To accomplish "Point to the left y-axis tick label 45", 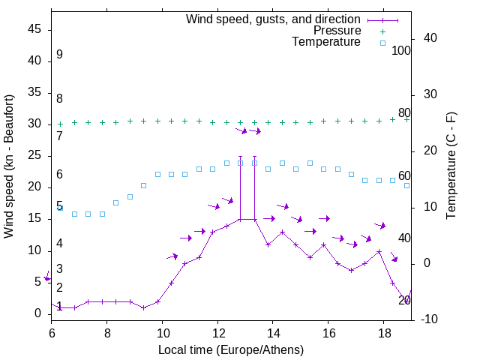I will (34, 29).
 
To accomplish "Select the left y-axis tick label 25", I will (34, 155).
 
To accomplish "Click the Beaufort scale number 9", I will (59, 55).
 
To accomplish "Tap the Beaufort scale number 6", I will (59, 175).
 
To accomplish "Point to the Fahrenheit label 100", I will (401, 51).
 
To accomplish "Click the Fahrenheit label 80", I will (404, 113).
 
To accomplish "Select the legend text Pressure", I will (337, 31).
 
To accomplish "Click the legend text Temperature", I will (326, 42).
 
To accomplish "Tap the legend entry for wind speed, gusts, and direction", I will (273, 19).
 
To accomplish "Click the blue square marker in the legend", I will (382, 43).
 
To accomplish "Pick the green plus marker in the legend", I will (382, 31).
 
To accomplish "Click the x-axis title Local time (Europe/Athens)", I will (231, 349).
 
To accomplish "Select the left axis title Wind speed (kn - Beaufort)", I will (9, 166).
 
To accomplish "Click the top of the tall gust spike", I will (240, 157).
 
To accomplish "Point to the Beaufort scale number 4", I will (59, 244).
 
